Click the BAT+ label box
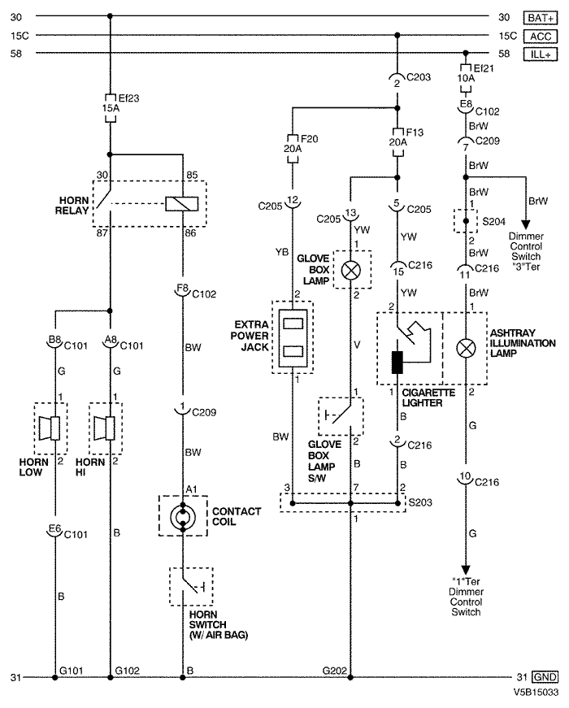(x=540, y=18)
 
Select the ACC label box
(x=540, y=36)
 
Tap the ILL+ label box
(x=540, y=54)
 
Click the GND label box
(x=545, y=677)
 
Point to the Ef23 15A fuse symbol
(x=111, y=108)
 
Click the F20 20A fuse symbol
(x=293, y=149)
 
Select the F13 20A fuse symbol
(x=397, y=142)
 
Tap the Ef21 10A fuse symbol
(x=466, y=79)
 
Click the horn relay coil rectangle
(x=181, y=204)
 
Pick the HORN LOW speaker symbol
(x=50, y=428)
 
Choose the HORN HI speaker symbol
(x=104, y=428)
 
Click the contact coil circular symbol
(x=183, y=516)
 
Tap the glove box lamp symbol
(x=351, y=270)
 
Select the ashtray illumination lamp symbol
(x=466, y=348)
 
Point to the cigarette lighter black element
(x=397, y=362)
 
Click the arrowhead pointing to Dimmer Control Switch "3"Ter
(x=526, y=225)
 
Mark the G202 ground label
(x=335, y=671)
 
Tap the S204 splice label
(x=493, y=221)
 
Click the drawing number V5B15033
(x=536, y=693)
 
